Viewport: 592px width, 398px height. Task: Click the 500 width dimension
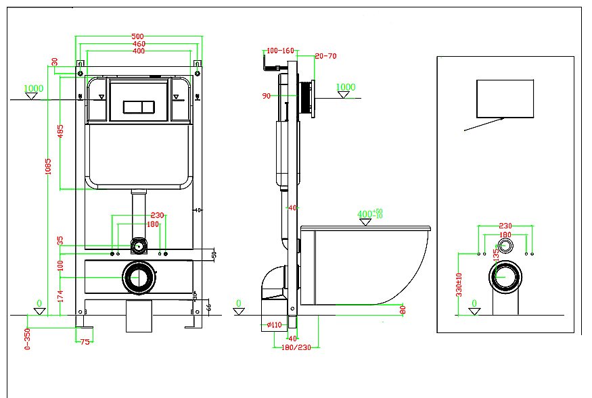[139, 36]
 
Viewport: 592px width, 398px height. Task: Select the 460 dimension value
[139, 44]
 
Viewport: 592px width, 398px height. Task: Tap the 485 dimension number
[61, 132]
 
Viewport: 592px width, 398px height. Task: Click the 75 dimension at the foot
[85, 343]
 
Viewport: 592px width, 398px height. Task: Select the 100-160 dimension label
[280, 51]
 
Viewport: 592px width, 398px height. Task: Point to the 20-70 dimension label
[326, 56]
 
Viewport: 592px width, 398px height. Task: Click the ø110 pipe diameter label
[275, 325]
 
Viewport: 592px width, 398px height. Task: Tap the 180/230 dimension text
[295, 348]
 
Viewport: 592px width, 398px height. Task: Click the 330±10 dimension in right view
[459, 285]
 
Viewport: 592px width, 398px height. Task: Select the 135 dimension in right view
[496, 255]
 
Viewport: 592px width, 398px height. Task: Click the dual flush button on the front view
[139, 107]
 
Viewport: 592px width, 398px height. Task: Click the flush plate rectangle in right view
[505, 97]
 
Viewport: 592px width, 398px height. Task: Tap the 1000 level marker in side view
[346, 87]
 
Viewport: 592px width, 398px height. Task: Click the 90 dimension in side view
[266, 96]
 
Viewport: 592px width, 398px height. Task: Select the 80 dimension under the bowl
[403, 310]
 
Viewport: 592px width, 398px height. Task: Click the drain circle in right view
[505, 277]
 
